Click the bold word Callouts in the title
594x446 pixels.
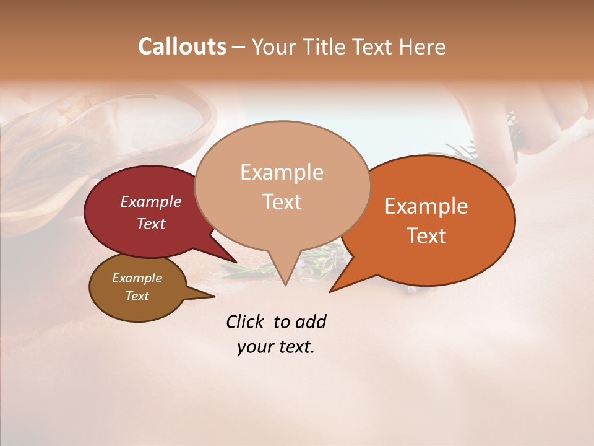tap(182, 46)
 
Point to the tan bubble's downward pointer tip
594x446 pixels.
tap(285, 285)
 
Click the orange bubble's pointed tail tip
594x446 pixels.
tap(330, 292)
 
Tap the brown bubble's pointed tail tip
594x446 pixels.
tap(214, 297)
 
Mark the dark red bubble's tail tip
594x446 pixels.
tap(236, 263)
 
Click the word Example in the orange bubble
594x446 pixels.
tap(426, 206)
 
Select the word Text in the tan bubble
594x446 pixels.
tap(282, 202)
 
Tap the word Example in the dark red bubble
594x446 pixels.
tap(151, 201)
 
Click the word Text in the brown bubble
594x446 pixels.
tap(137, 296)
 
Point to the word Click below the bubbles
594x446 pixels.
tap(246, 321)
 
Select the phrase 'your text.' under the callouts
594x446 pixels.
tap(276, 347)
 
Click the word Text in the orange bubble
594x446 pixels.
tap(427, 236)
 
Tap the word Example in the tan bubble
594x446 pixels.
tap(282, 172)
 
